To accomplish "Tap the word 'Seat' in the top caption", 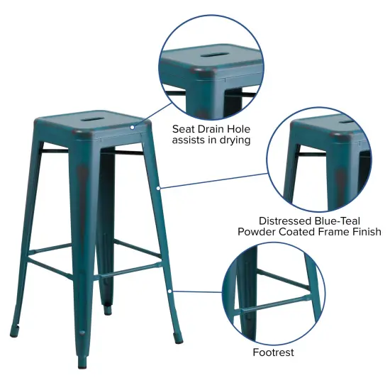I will click(x=185, y=129).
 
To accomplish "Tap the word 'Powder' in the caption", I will click(x=256, y=232).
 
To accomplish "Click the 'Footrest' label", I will click(x=273, y=352).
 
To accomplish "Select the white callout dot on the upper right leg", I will click(x=160, y=187).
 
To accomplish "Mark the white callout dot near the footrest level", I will click(x=170, y=290).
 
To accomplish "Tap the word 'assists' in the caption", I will click(x=192, y=140).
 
